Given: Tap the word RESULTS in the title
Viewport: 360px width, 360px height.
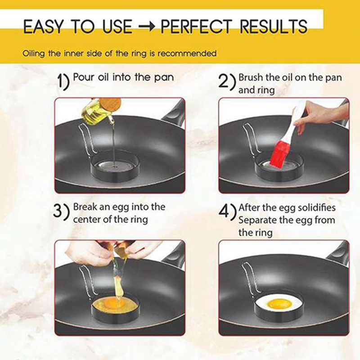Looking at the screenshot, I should (x=272, y=27).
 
